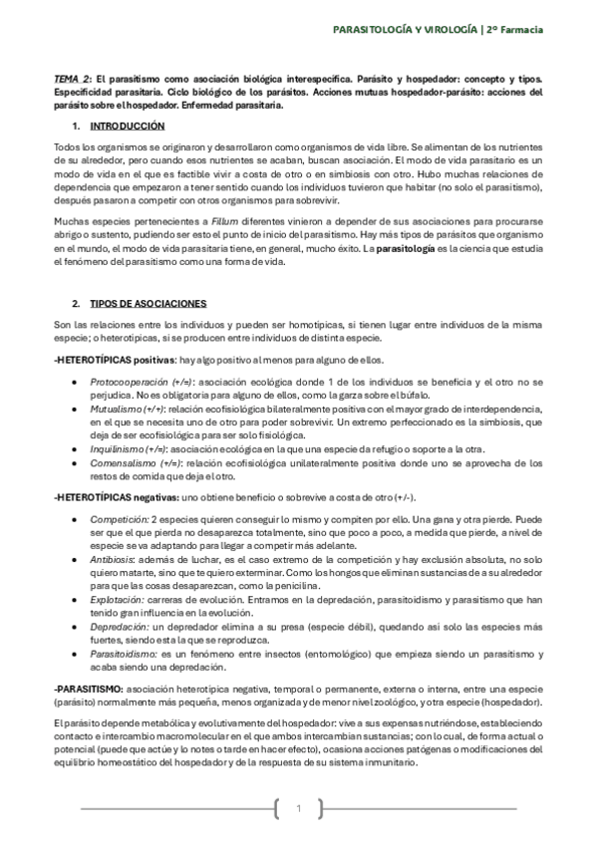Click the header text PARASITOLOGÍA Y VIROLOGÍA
tap(405, 31)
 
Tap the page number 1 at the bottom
tap(298, 808)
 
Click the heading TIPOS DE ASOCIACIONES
tap(148, 302)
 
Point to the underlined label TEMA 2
tap(72, 78)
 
